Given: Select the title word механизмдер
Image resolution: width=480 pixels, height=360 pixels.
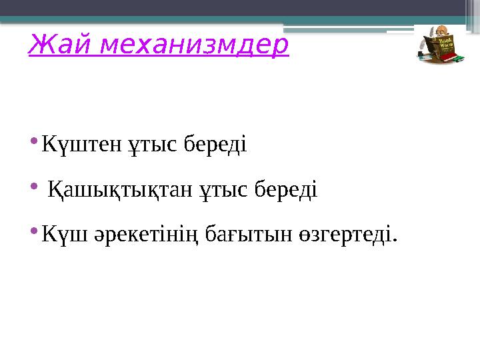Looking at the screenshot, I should (x=187, y=46).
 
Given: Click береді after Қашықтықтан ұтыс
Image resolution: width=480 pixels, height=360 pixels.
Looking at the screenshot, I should (x=285, y=191).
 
